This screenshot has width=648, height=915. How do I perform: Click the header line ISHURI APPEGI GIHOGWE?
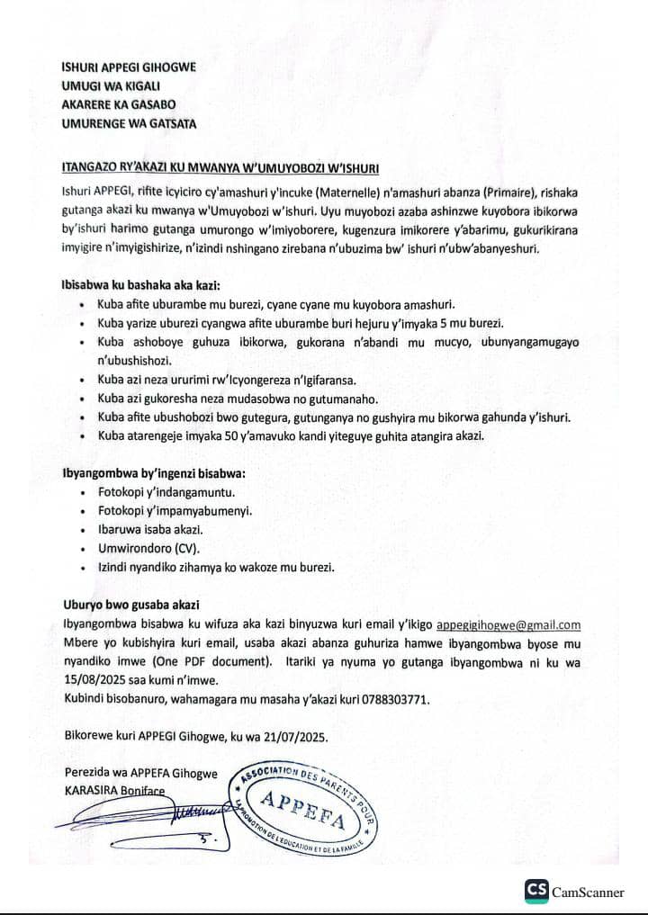point(128,67)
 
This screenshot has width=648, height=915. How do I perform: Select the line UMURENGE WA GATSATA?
point(128,123)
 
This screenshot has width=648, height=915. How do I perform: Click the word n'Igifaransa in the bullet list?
point(321,381)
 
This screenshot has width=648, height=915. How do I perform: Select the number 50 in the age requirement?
point(229,436)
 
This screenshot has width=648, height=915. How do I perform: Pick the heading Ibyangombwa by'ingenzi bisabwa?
point(153,473)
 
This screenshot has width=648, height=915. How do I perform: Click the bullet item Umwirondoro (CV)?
point(148,547)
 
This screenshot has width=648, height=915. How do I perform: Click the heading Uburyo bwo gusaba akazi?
point(131,604)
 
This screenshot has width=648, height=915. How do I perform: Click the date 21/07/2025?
point(293,735)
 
